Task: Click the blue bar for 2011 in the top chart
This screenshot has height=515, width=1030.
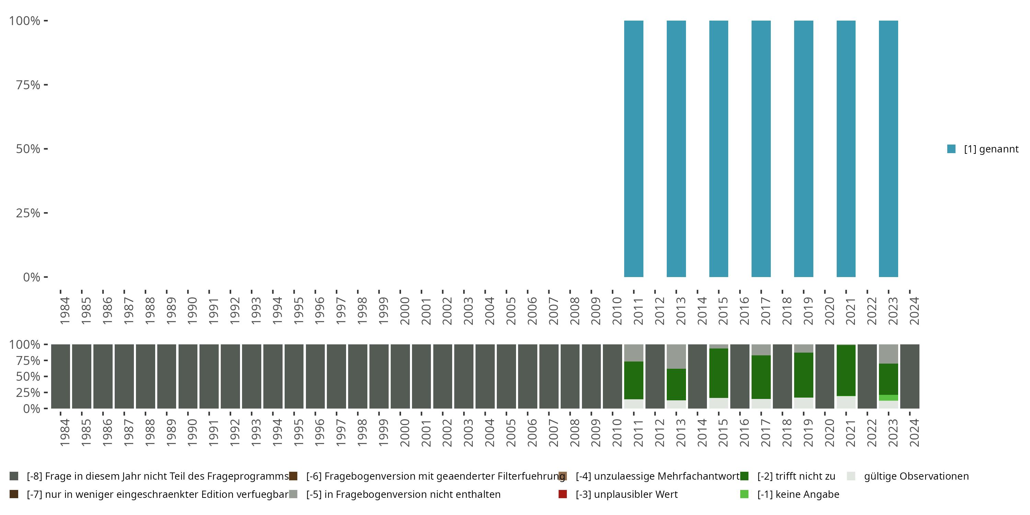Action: (634, 149)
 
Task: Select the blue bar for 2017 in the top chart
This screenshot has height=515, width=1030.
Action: (761, 149)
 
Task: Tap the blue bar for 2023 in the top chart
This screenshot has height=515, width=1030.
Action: (888, 149)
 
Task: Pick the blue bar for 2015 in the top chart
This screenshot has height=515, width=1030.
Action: (719, 149)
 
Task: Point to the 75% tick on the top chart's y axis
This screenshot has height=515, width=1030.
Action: (46, 85)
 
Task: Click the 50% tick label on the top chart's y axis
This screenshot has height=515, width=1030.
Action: (28, 149)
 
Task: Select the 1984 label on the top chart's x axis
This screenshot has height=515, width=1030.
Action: (65, 311)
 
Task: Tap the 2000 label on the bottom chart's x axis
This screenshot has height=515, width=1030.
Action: (405, 433)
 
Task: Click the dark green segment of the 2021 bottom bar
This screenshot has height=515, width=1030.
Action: (846, 370)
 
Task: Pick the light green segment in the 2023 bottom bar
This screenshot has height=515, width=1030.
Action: (888, 398)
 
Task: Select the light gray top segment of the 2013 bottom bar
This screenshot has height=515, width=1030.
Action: (676, 356)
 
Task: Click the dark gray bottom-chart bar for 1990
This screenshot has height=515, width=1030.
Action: (188, 376)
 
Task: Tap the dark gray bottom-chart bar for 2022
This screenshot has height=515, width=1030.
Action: (867, 376)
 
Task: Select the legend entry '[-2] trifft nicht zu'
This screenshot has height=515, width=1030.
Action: (796, 476)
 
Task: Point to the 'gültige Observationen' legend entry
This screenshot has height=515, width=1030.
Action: (916, 476)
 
